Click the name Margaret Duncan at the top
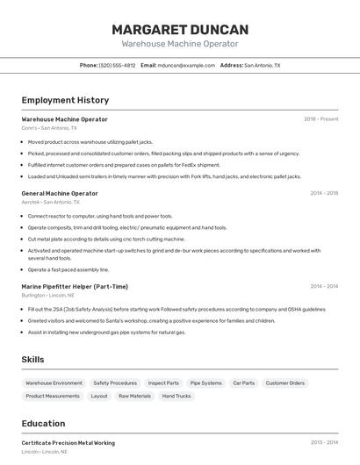click(x=180, y=29)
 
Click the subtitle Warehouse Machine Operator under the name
click(x=180, y=44)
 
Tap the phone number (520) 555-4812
click(x=117, y=66)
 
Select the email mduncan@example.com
click(x=186, y=66)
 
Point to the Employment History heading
click(x=65, y=101)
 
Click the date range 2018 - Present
click(x=320, y=119)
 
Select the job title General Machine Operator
click(x=60, y=193)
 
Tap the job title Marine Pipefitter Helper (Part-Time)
click(x=75, y=286)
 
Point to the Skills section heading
click(x=33, y=360)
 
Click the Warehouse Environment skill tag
click(x=54, y=383)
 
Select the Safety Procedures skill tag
click(x=115, y=383)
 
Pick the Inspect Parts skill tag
click(x=163, y=383)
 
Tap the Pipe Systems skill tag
click(x=206, y=383)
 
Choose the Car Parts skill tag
click(x=243, y=383)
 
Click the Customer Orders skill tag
click(x=285, y=383)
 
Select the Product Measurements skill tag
click(x=52, y=397)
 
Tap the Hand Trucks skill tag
click(x=176, y=397)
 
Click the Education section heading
click(x=43, y=424)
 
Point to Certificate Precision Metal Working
click(x=68, y=443)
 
